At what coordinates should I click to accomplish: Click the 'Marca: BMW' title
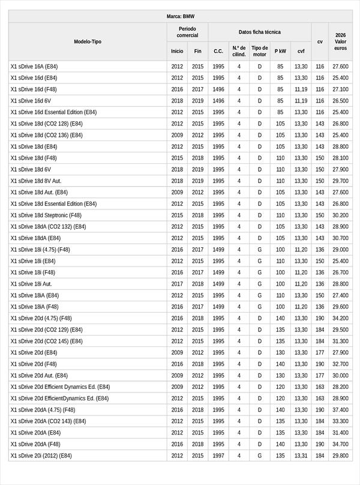tap(180, 16)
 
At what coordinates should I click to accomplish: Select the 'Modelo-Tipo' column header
tap(88, 41)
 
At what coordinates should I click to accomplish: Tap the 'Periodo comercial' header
tap(187, 32)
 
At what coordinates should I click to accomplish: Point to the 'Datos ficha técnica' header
tap(259, 32)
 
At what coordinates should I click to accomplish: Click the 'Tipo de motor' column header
tap(260, 51)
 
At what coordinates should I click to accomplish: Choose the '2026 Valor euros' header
tap(341, 41)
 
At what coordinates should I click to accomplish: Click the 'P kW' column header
tap(280, 51)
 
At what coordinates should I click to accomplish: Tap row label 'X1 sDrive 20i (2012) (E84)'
tap(41, 456)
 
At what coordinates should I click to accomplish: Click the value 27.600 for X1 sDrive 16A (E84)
tap(340, 67)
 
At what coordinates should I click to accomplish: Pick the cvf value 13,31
tap(301, 456)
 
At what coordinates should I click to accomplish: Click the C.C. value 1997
tap(218, 456)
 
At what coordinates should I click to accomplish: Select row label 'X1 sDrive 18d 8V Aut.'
tap(36, 181)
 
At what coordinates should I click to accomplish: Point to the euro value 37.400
tap(340, 410)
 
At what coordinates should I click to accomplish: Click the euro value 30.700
tap(340, 238)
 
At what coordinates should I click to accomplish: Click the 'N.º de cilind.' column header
tap(239, 51)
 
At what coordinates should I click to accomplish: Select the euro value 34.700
tap(340, 444)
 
